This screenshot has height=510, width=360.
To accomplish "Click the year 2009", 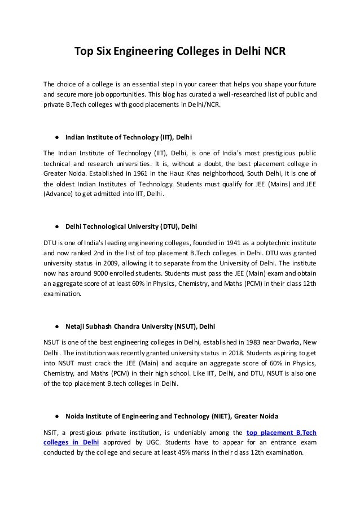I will tap(100, 263).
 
